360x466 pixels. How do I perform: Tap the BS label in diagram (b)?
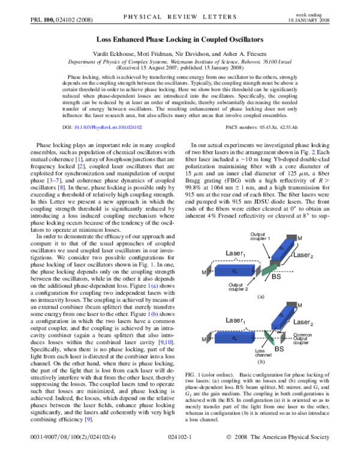[x=280, y=348]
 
